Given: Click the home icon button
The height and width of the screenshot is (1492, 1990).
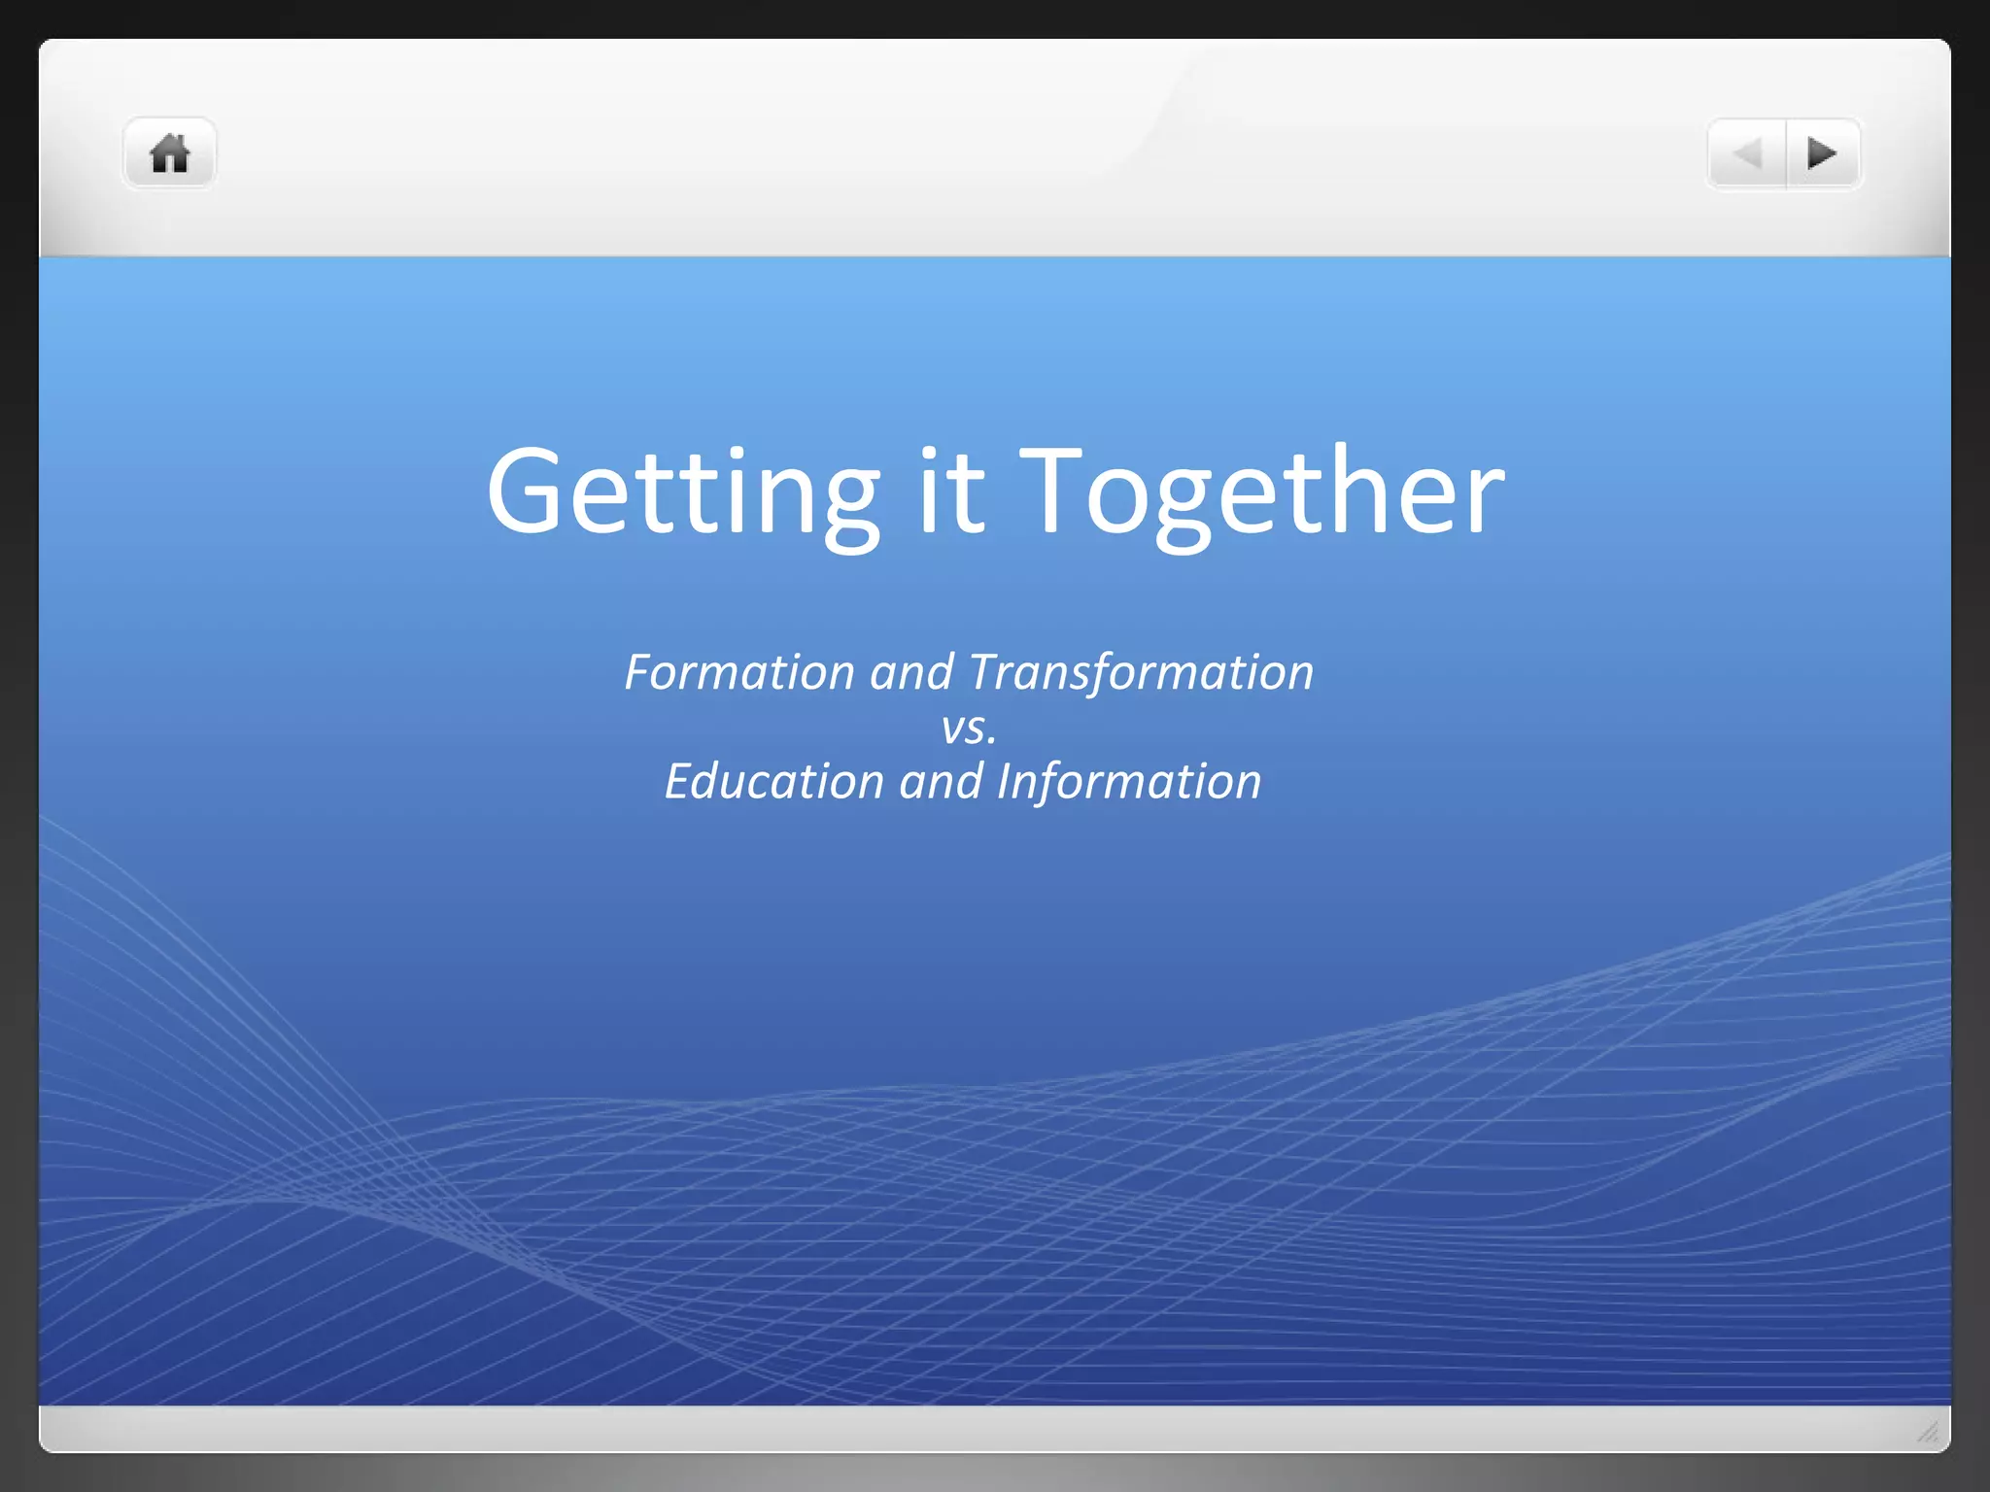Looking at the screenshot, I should [169, 153].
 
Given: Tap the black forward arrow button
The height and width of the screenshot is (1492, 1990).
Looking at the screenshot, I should [1822, 153].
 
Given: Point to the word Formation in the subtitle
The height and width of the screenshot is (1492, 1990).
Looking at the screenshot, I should [739, 672].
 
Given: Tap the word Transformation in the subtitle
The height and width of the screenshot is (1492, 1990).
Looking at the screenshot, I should [1141, 672].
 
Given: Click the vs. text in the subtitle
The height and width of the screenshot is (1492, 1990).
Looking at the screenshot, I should [969, 728].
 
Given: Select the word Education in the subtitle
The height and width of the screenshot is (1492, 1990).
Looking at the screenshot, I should [774, 782].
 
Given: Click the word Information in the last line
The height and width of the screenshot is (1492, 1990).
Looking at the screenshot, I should [1129, 782].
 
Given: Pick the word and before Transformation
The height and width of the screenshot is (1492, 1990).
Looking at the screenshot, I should [911, 672].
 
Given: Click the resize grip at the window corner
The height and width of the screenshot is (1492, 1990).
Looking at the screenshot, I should [1928, 1431].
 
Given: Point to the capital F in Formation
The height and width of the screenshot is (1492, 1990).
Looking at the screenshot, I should [637, 672].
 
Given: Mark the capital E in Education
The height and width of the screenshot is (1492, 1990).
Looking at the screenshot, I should [677, 782].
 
